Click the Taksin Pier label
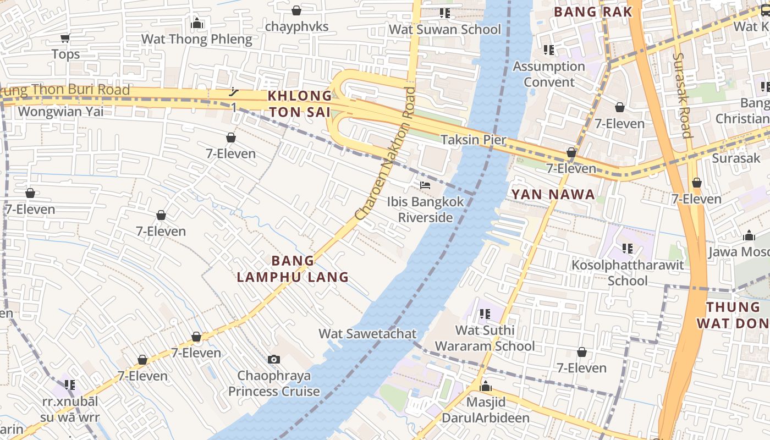(x=474, y=140)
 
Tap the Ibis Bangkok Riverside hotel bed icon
(x=425, y=185)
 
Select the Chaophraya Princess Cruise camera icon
(x=273, y=360)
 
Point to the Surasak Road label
(x=682, y=95)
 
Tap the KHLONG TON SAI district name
(x=300, y=104)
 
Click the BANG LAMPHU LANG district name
(x=293, y=269)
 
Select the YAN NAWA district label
(x=553, y=194)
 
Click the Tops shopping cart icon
(x=65, y=38)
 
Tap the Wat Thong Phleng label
(x=196, y=39)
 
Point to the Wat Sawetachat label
(x=367, y=334)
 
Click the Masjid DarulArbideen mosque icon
(x=486, y=387)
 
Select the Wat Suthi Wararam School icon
(x=485, y=314)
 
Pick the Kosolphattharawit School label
(x=628, y=273)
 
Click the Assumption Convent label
(x=549, y=74)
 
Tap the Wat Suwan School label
(x=445, y=30)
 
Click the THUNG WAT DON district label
(x=733, y=315)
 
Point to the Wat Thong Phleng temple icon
(x=197, y=23)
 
